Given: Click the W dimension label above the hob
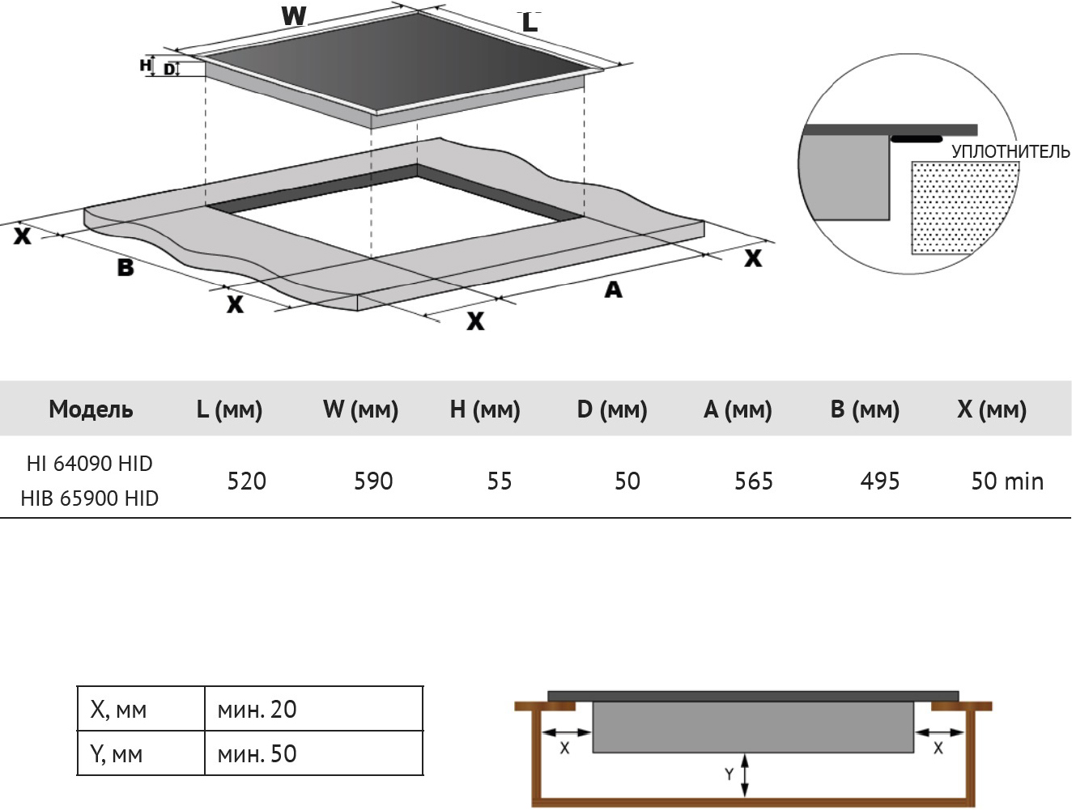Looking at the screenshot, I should [x=294, y=16].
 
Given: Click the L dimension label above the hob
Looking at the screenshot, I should [x=530, y=23].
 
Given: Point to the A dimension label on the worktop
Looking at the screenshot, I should [x=613, y=290].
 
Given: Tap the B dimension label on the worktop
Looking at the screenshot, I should [x=125, y=267].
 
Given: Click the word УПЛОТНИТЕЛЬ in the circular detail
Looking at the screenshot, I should [x=1010, y=151].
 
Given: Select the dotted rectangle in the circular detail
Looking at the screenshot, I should [x=964, y=207].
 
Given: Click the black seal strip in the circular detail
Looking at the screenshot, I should [x=917, y=139].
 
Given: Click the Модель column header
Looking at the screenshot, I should [x=91, y=409].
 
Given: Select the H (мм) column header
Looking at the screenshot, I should [x=485, y=409].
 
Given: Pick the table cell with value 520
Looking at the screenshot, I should [x=247, y=481].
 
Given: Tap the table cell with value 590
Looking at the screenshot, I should [x=373, y=481].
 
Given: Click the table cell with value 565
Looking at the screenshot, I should [x=754, y=481].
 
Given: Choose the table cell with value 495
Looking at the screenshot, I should [x=880, y=481].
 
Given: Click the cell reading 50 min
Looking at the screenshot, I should [x=1007, y=481].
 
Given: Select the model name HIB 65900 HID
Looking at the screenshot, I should [x=90, y=498].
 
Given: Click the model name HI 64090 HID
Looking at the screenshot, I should [x=90, y=464].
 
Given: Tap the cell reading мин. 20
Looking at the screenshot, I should [x=257, y=710].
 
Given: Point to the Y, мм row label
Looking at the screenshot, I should [x=117, y=754].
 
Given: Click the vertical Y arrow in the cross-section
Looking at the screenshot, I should [x=745, y=775].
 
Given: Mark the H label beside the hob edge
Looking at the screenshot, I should [x=146, y=65].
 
